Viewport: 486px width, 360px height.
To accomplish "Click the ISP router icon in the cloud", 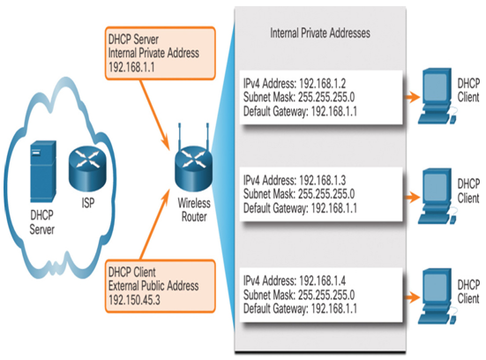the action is coord(87,169).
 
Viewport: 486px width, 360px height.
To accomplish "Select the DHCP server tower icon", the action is coord(43,171).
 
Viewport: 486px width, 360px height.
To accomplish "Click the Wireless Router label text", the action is coord(194,210).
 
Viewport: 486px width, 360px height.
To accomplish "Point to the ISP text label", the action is coord(88,203).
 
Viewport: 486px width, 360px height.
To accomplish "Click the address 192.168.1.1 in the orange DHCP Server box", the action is coord(131,67).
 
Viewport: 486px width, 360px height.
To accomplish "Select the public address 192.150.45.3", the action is coord(134,300).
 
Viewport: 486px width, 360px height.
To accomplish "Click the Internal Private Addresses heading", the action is coord(320,33).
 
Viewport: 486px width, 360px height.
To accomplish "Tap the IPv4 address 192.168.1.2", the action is coord(323,84).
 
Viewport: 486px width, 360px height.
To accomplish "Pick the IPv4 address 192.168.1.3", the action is coord(323,180).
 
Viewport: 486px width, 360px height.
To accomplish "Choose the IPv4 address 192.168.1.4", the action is coord(323,281).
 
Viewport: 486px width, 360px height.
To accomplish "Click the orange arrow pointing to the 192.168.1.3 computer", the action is coord(412,197).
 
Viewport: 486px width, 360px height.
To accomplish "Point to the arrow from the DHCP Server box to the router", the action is coord(154,115).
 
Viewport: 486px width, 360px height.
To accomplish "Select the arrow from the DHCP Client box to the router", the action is coord(155,224).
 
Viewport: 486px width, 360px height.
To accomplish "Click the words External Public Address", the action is coord(153,286).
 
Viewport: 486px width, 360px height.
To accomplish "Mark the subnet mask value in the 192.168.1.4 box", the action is coord(326,295).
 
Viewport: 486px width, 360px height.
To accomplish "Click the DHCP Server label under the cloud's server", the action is coord(41,222).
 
